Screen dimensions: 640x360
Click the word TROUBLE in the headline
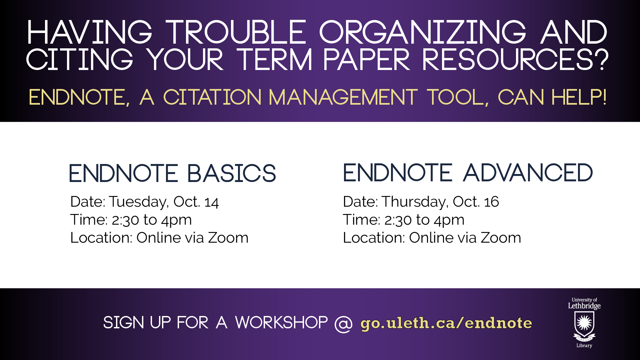tap(236, 32)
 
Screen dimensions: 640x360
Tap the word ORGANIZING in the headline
tap(423, 32)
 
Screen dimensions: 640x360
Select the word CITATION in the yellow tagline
tap(212, 97)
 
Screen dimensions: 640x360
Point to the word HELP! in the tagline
tap(579, 97)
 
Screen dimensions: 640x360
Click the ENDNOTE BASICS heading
tap(172, 173)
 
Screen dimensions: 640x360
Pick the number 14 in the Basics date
tap(212, 202)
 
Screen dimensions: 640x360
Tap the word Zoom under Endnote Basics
tap(228, 238)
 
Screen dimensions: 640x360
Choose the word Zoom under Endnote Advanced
tap(501, 238)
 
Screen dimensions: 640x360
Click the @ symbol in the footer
tap(344, 323)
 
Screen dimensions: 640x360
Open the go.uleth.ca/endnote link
tap(446, 323)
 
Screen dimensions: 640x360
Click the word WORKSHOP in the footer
tap(282, 323)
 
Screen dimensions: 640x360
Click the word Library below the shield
tap(584, 346)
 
